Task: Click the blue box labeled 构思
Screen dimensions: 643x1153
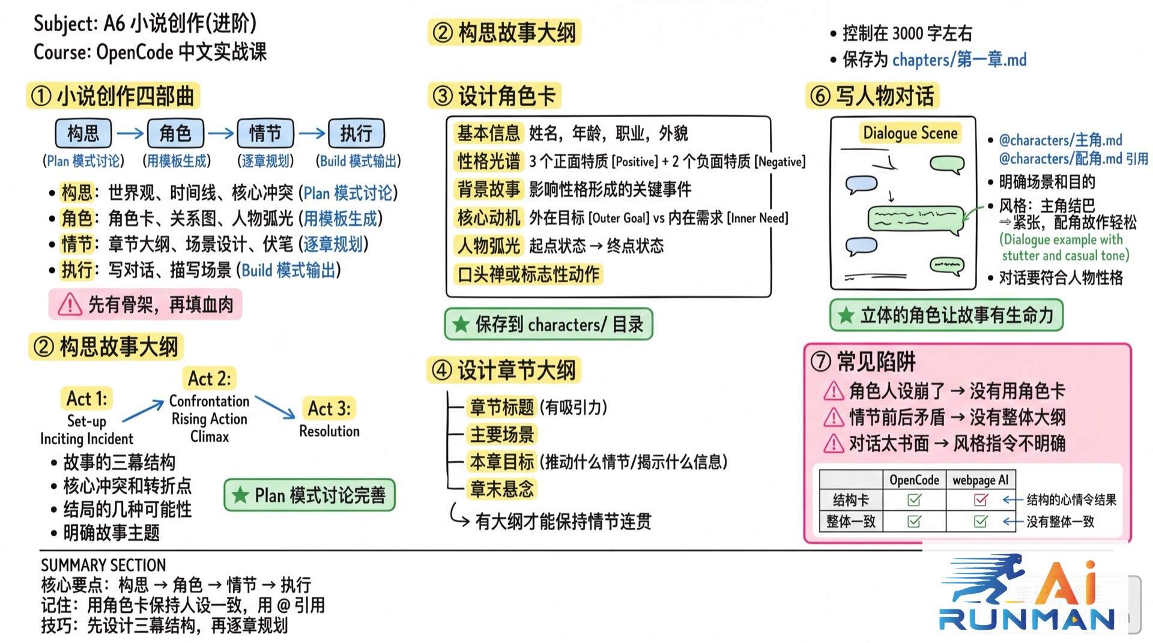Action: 83,133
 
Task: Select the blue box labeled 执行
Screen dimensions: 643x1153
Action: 356,133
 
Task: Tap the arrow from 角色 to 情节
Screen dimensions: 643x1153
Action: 220,133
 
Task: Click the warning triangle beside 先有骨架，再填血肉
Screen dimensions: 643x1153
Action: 70,304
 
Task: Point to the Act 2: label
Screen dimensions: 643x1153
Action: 209,379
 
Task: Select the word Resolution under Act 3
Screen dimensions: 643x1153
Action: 329,431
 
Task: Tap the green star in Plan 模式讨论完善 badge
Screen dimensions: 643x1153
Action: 240,495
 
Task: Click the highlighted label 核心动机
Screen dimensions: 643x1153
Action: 488,218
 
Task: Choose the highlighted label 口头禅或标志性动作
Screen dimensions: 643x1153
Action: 528,274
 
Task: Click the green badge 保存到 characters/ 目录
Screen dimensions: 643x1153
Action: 548,325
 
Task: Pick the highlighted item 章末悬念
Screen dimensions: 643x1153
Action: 501,489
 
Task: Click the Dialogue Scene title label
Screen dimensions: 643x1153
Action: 910,133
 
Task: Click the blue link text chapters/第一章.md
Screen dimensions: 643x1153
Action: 959,59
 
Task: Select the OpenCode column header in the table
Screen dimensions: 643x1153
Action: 914,480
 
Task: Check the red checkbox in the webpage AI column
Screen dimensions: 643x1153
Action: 981,500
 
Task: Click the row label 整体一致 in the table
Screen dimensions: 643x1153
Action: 850,521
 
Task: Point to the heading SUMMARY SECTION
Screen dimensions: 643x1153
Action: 103,565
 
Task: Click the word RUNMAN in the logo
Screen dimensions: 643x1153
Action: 1027,619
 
